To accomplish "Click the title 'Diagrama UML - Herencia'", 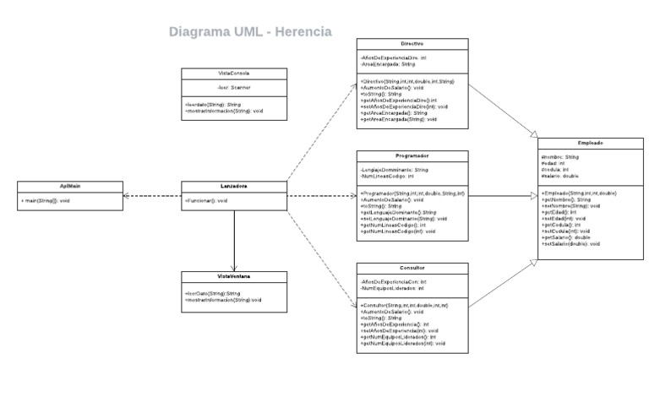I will click(x=250, y=32).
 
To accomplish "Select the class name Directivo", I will click(x=412, y=43).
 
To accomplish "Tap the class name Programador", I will click(x=412, y=155).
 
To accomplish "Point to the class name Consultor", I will click(x=412, y=267).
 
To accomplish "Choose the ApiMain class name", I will click(x=69, y=186).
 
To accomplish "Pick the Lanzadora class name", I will click(x=233, y=186).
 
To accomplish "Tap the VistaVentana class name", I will click(x=233, y=276).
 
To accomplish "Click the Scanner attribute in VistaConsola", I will click(x=234, y=88).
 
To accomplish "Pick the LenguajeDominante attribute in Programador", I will click(x=394, y=170).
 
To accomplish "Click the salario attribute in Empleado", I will click(x=559, y=176).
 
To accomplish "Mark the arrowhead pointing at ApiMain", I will click(x=127, y=195).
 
